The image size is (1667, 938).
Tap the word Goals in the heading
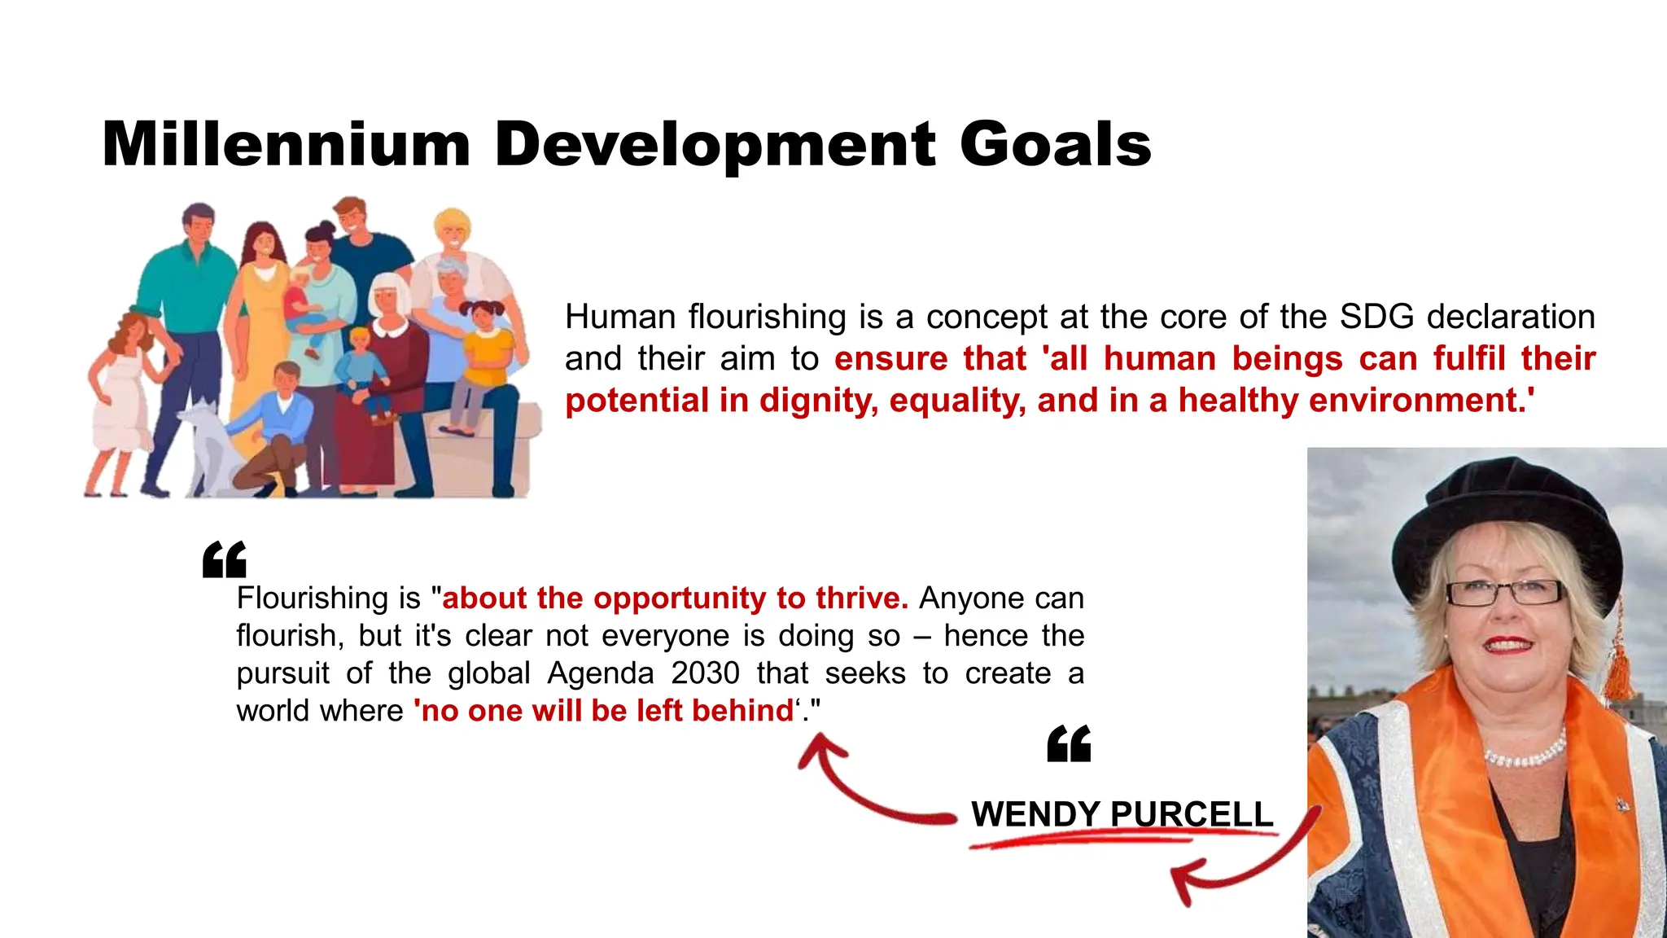point(1056,145)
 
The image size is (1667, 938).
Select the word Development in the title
point(715,145)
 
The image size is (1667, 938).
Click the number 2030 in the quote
point(705,673)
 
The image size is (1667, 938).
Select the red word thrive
point(862,598)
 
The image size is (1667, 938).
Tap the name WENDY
point(1035,814)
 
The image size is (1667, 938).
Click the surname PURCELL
point(1192,814)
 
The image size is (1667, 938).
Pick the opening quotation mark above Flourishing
point(225,560)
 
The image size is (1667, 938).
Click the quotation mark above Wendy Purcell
point(1069,744)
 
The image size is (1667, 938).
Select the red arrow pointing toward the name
point(1237,863)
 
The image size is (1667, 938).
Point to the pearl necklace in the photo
point(1525,754)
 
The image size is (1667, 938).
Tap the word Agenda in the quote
point(601,673)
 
